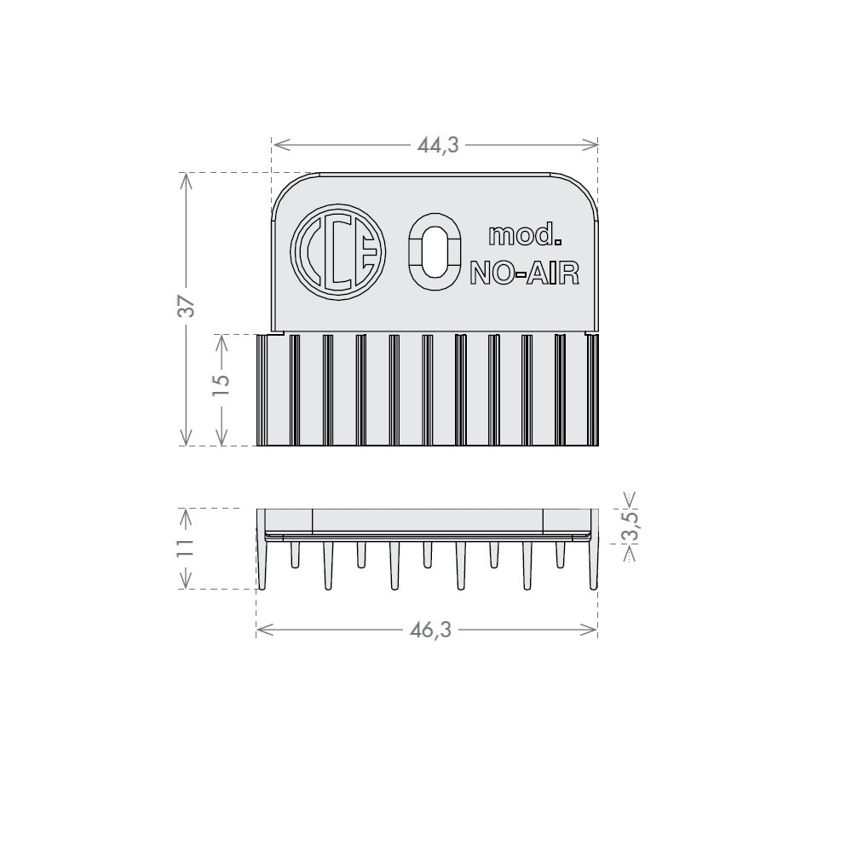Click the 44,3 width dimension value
[438, 145]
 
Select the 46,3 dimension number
[430, 630]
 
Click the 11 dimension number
[187, 547]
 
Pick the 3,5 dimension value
[630, 526]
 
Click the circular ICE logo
[337, 251]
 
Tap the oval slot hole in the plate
[435, 251]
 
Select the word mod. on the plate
[524, 235]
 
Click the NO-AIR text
[524, 273]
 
